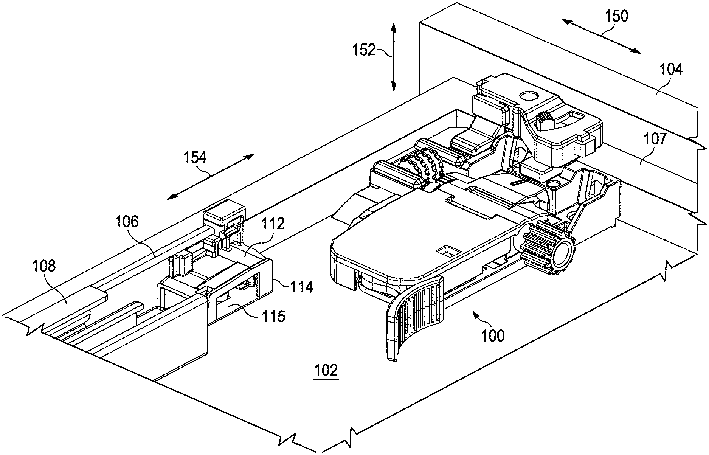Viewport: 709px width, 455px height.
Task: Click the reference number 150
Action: pos(616,17)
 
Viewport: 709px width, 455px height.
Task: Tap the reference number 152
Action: pos(365,50)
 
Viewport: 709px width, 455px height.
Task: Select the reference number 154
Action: pos(195,157)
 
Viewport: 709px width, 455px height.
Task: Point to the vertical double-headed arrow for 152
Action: pos(393,57)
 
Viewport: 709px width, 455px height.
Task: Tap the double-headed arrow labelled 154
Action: pos(211,176)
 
